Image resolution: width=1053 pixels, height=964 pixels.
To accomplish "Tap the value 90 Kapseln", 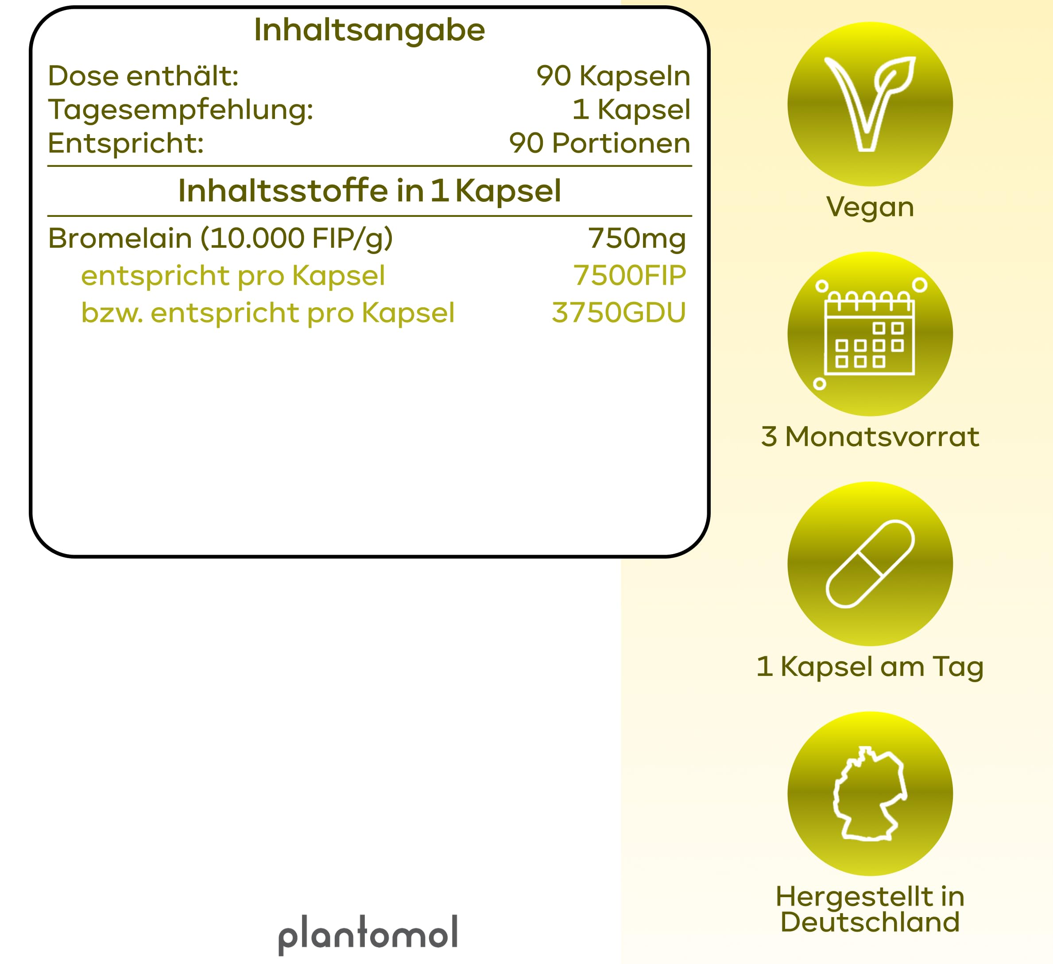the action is pos(613,76).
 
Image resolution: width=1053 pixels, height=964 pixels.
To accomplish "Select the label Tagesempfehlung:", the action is pos(181,111).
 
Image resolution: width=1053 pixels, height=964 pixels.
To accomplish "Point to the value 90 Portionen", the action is pos(600,143).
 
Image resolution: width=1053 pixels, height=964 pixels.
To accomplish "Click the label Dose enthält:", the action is pos(143,76).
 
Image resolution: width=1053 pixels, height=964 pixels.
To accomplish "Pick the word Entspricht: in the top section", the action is pos(126,143).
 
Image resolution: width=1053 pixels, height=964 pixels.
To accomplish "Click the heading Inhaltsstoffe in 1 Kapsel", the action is pos(370,191).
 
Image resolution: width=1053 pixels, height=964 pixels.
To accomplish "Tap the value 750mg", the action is pos(637,239).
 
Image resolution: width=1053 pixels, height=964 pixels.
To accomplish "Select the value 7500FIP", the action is pos(629,275).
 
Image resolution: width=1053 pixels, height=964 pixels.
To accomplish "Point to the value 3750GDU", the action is pos(619,312).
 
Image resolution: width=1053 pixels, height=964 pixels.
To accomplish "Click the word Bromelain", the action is pos(120,239).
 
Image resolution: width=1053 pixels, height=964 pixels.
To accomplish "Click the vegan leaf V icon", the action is pos(870,104).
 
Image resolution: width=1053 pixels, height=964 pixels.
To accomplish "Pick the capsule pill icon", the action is pos(870,564).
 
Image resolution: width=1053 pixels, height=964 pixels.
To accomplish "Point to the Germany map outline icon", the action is pos(870,794).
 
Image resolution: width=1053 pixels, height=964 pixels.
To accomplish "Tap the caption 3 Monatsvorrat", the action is pos(870,436).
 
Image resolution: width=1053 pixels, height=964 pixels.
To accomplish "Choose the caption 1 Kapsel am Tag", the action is pos(870,667).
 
